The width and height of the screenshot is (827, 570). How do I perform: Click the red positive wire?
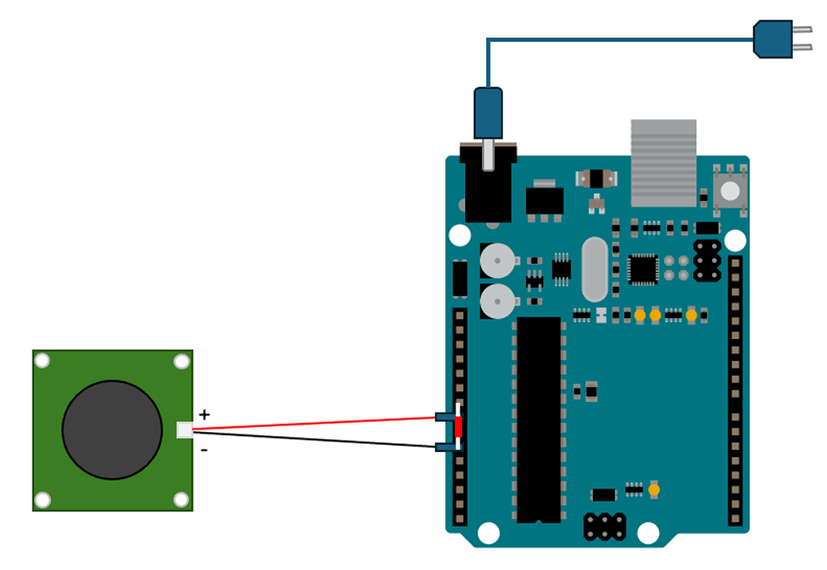[x=323, y=422]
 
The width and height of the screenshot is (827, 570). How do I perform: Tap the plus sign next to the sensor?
[x=204, y=414]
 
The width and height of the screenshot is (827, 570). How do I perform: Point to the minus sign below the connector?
[x=204, y=450]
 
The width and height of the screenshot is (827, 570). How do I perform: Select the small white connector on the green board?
[x=185, y=430]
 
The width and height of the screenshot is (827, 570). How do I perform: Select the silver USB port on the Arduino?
[x=663, y=162]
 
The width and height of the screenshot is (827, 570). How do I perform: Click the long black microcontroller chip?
[x=538, y=419]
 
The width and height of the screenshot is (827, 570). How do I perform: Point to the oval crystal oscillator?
[x=593, y=268]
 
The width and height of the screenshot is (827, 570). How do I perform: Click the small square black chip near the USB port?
[x=644, y=270]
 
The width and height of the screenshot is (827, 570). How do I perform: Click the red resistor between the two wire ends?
[x=459, y=426]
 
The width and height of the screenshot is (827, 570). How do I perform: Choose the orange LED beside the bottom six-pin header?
[x=653, y=489]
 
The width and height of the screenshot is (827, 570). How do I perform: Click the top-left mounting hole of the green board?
[x=43, y=361]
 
